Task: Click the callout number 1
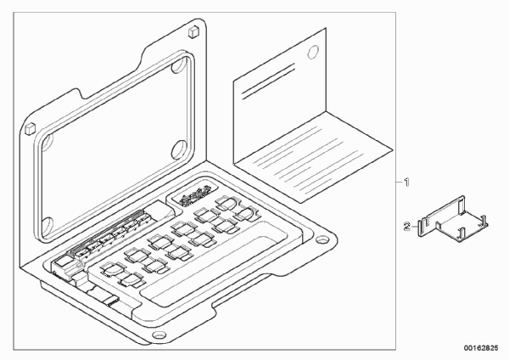click(406, 183)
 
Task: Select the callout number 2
click(406, 226)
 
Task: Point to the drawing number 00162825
click(480, 348)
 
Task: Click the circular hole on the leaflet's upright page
click(312, 53)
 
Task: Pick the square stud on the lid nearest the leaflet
click(193, 31)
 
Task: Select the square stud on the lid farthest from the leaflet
click(30, 128)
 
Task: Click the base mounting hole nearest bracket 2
click(322, 240)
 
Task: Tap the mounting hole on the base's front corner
click(159, 335)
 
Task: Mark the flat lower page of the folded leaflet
click(314, 157)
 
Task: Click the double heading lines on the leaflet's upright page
click(268, 82)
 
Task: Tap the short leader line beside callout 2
click(415, 226)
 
